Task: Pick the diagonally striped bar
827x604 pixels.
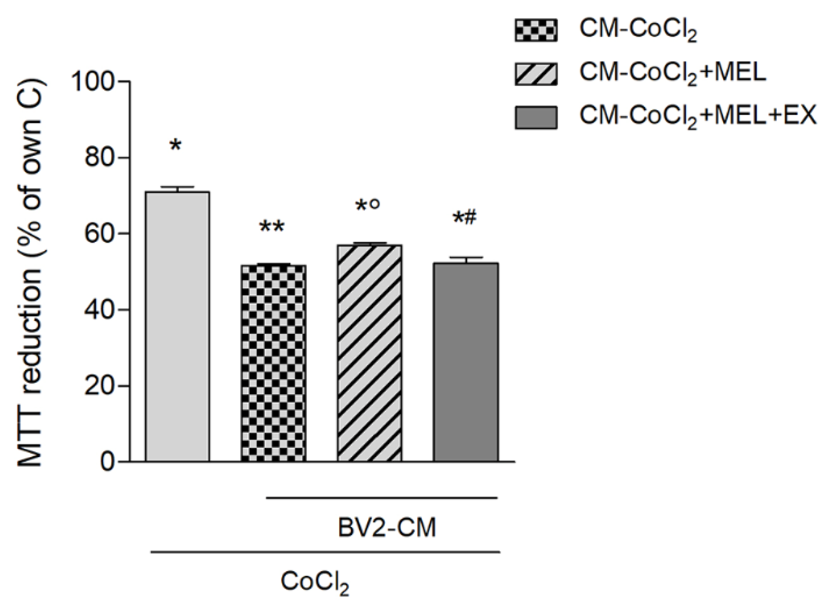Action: pos(369,353)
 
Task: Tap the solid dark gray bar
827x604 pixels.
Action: pos(465,362)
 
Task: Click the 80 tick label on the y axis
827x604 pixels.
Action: pos(101,158)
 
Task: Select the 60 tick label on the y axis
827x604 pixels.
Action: pos(101,234)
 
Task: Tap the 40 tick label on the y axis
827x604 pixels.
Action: pos(101,310)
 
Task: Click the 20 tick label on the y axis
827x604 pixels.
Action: pos(101,386)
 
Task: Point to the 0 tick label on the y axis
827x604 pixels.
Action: pos(108,462)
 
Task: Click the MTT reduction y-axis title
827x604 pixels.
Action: pos(31,272)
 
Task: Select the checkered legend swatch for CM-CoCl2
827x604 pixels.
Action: pos(536,30)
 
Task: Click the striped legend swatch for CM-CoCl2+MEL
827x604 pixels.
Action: pos(536,74)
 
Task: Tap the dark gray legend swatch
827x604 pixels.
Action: pos(536,117)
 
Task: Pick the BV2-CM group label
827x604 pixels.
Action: pos(387,528)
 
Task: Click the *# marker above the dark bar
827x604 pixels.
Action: pos(465,218)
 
